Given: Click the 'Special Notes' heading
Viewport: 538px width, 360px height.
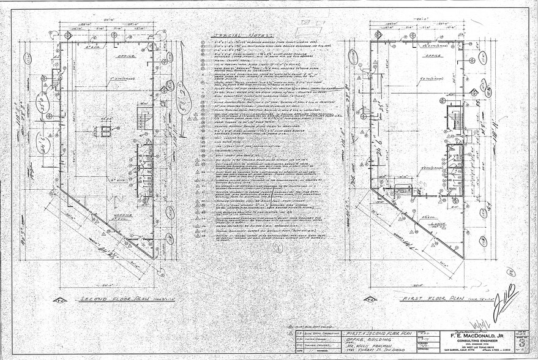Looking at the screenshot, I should (x=230, y=35).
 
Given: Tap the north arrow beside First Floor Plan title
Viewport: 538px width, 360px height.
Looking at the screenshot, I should (x=371, y=301).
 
